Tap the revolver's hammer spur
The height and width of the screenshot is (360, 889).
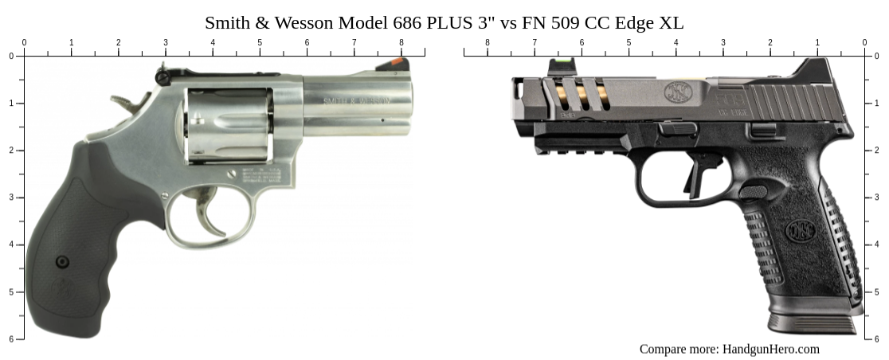point(121,101)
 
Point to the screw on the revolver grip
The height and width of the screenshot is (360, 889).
point(62,261)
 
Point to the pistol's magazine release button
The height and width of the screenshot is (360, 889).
point(753,191)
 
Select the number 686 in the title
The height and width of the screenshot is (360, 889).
point(407,22)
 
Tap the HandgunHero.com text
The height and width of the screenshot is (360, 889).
point(770,349)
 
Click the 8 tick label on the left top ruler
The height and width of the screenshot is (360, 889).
point(401,43)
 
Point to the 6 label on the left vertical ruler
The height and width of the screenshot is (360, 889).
point(10,339)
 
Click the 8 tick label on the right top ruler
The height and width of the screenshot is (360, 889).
point(488,43)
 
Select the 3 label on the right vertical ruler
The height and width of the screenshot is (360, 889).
point(877,198)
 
